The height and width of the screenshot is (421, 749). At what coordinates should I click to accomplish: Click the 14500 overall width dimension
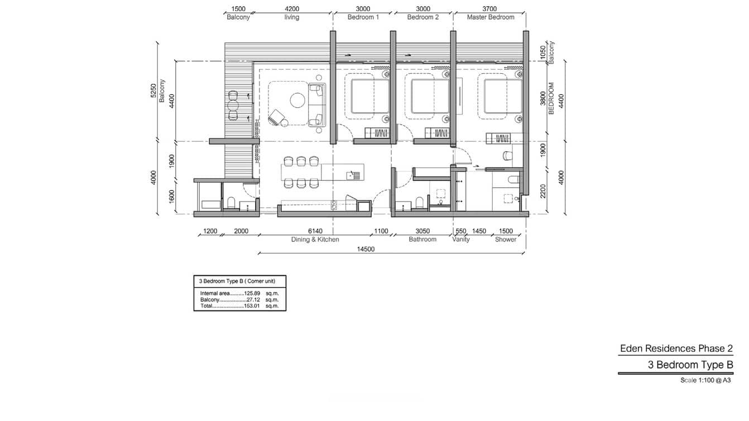point(366,249)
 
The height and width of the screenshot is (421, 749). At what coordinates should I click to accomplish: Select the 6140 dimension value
point(315,231)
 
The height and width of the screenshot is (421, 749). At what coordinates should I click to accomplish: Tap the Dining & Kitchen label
point(315,239)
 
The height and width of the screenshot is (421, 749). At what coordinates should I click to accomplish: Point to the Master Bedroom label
point(490,17)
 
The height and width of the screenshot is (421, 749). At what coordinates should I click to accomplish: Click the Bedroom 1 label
point(363,17)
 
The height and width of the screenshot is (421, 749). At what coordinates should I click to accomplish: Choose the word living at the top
point(291,17)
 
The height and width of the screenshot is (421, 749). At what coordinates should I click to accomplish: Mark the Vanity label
point(460,239)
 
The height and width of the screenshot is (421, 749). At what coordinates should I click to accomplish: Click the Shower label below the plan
point(506,239)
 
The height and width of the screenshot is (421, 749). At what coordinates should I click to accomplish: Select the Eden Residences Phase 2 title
point(676,348)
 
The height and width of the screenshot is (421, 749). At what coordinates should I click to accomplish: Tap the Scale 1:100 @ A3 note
point(705,380)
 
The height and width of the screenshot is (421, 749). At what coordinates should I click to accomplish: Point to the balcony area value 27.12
point(254,299)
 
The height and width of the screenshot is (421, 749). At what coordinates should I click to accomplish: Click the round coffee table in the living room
point(297,101)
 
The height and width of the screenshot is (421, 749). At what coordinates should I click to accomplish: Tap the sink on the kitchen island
point(351,175)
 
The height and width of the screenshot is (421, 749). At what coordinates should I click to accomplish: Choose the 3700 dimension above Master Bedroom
point(489,9)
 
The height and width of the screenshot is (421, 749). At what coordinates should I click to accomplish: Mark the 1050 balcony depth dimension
point(542,52)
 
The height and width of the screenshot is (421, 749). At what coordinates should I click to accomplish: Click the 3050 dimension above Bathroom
point(422,231)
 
